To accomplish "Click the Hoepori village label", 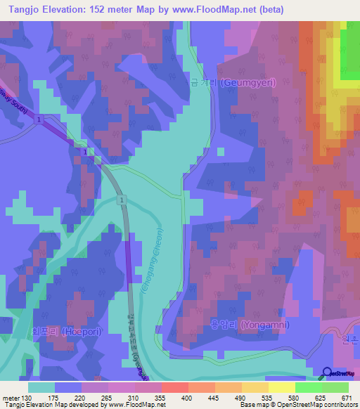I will click(63, 330).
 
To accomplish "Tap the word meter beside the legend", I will click(9, 397).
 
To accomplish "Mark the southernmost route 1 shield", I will click(122, 201).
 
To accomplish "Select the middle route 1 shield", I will click(85, 152).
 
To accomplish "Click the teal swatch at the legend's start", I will click(41, 387).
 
